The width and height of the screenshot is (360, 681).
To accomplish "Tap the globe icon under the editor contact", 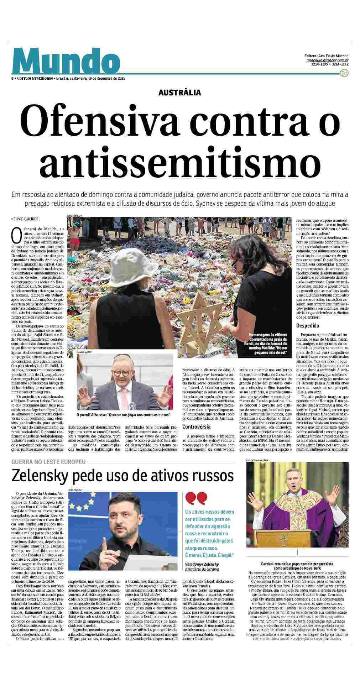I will coord(344,73).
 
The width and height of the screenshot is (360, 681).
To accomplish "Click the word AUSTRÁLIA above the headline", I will coord(180,93).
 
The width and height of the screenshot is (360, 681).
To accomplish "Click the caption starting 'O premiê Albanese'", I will coord(123,415).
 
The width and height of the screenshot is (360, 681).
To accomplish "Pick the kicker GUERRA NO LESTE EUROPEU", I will coord(48,462).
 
